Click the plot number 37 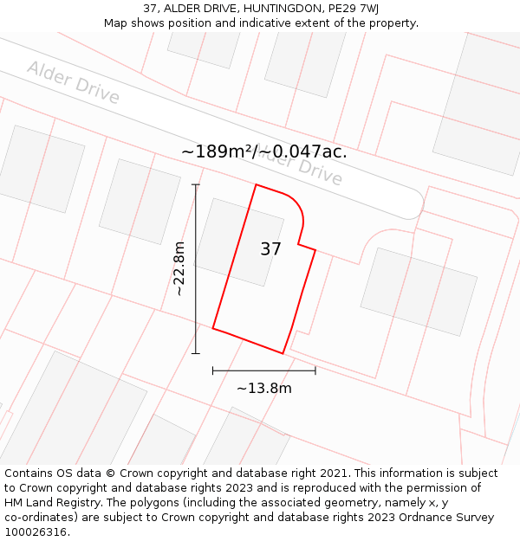270,249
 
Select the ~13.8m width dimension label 263,388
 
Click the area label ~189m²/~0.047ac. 264,151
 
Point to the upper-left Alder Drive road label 73,81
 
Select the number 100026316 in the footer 36,531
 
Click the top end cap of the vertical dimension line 196,184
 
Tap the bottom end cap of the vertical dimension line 196,353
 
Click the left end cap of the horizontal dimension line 213,370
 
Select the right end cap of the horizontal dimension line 315,370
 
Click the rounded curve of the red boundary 297,208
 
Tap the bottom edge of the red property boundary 248,341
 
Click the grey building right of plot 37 419,292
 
